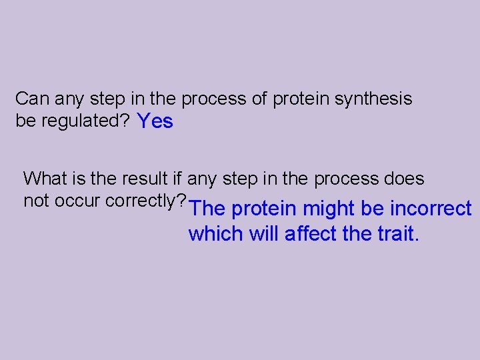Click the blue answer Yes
155,121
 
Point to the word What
45,179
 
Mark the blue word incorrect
431,209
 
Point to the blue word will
266,234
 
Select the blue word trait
397,234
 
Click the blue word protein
264,209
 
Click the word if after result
176,179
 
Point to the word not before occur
36,201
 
